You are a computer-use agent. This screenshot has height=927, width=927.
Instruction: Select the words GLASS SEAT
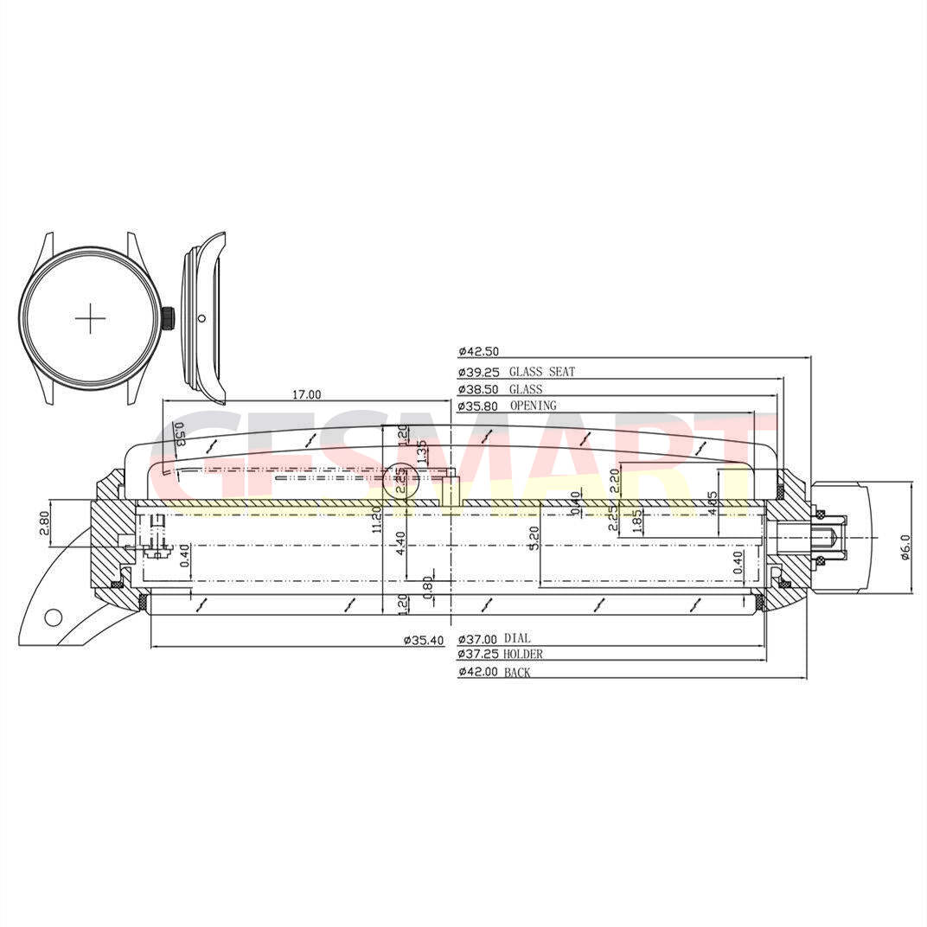(541, 372)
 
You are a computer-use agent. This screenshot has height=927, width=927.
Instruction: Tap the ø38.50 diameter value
(477, 390)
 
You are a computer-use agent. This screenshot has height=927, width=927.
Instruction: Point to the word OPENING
(533, 406)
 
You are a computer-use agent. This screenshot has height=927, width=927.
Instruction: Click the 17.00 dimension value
(306, 394)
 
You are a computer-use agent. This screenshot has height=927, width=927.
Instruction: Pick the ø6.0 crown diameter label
(905, 547)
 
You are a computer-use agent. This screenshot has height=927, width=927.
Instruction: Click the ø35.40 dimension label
(424, 641)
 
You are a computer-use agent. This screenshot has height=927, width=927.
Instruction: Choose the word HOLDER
(523, 655)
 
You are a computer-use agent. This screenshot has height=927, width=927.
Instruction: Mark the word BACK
(517, 672)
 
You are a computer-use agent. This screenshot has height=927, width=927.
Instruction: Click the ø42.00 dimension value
(477, 672)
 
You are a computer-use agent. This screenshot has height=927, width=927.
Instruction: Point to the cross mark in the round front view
(90, 319)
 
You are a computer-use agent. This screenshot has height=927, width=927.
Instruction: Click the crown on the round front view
(169, 318)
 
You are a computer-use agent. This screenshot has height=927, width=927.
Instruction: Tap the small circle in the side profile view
(201, 318)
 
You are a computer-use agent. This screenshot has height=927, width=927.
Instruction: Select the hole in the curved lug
(53, 617)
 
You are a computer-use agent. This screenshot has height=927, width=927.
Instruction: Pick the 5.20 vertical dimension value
(534, 539)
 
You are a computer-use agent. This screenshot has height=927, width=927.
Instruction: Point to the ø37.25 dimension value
(477, 655)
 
